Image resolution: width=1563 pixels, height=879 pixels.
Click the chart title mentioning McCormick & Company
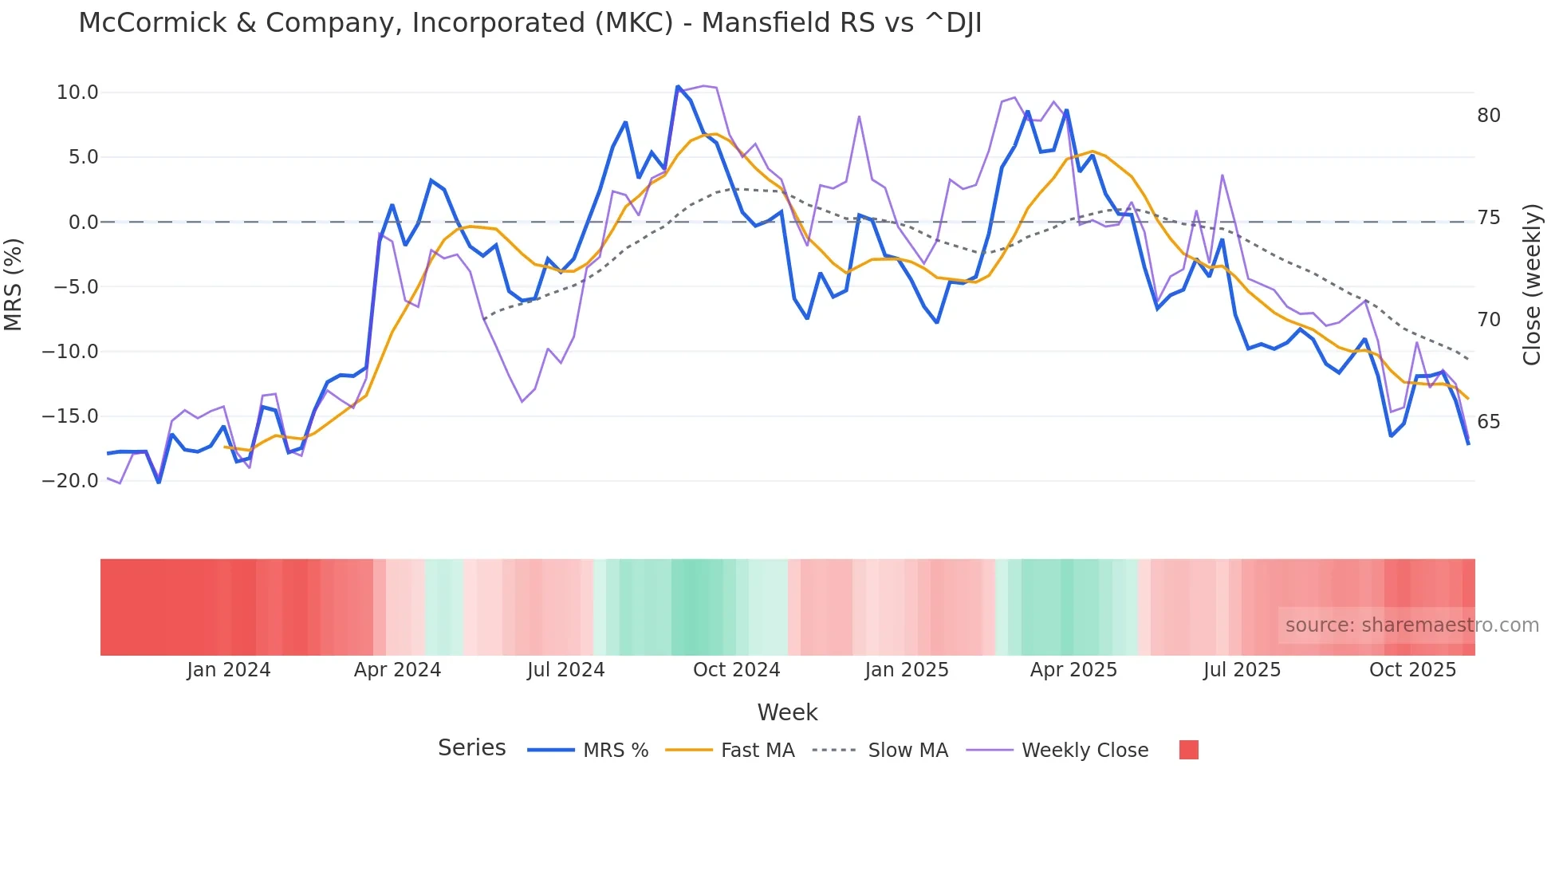[530, 23]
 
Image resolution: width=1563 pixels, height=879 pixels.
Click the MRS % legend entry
[615, 751]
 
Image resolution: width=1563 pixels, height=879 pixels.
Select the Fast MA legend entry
[757, 751]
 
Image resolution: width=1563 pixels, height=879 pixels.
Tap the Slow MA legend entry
[907, 751]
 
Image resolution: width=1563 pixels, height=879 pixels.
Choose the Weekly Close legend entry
[1085, 751]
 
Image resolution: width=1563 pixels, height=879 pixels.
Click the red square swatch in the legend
[1188, 750]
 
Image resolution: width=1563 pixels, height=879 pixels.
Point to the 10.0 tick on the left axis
[77, 93]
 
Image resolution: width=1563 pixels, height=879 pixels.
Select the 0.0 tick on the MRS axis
[83, 223]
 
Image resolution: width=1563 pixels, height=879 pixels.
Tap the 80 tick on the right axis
[1488, 116]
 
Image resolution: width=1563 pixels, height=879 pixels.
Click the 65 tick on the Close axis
[1488, 422]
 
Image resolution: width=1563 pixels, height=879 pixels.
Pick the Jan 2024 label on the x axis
[229, 670]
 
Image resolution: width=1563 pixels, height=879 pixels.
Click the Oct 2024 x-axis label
[736, 670]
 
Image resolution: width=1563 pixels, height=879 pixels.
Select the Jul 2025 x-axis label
[1242, 670]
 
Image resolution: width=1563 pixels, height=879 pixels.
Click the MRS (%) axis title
[14, 284]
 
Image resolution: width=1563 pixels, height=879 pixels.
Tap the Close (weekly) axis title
[1532, 285]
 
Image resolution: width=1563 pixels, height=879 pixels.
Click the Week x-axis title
[787, 712]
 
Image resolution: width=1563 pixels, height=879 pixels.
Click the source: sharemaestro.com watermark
[1411, 625]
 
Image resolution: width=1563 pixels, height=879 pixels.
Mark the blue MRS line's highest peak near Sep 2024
[678, 86]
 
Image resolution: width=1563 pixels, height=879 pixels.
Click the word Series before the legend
[471, 748]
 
